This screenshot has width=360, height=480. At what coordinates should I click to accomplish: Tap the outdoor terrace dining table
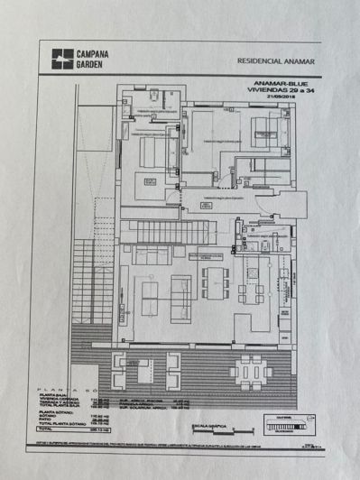247,371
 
